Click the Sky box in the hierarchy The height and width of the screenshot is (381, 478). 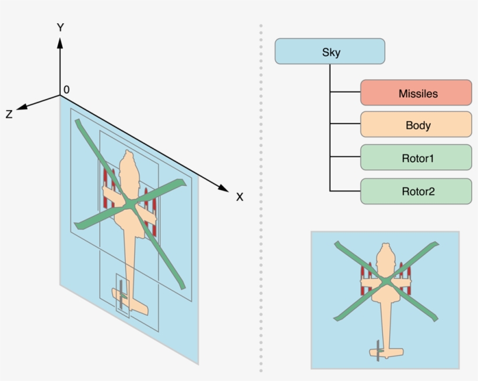330,51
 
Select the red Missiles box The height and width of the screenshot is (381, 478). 416,93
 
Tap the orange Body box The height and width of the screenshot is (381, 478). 416,125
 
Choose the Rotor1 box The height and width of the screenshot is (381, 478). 416,157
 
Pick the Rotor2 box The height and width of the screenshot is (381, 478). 416,191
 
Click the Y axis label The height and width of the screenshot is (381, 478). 59,27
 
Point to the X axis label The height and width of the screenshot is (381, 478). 239,197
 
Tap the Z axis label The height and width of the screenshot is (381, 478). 9,115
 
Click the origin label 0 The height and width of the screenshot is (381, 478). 66,89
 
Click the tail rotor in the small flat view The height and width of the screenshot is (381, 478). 378,350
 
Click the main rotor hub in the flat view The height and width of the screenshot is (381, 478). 386,281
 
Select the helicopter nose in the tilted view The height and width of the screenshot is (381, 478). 126,155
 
